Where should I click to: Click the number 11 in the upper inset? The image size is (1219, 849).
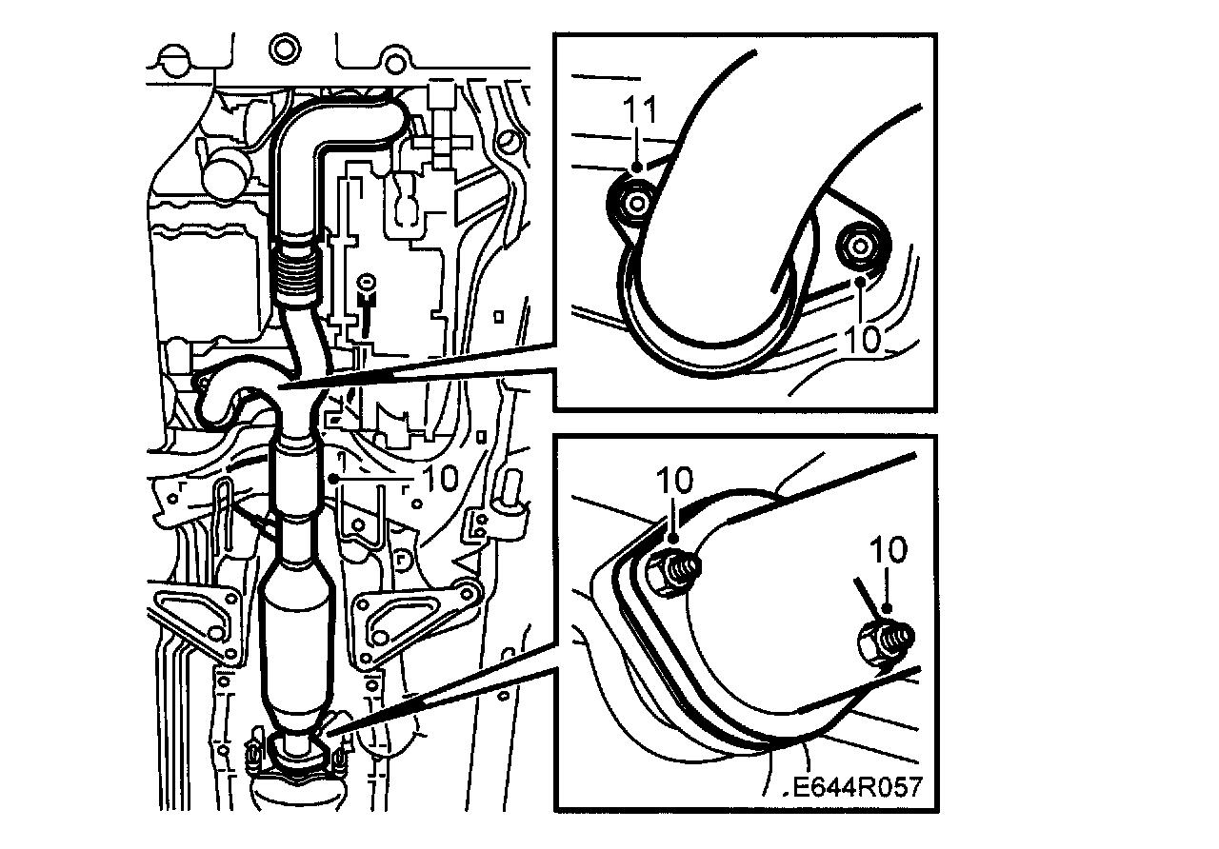coord(640,110)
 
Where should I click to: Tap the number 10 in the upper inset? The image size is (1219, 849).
coord(863,339)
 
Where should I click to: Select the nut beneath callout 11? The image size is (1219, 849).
coord(634,205)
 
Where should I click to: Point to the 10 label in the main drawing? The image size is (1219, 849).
coord(440,479)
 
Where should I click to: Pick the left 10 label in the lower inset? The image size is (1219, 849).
coord(675,481)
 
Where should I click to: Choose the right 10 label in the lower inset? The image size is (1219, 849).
coord(889,550)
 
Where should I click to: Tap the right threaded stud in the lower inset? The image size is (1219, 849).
coord(886,642)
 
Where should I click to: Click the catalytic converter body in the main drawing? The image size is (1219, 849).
coord(296,642)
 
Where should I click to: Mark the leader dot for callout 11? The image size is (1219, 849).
coord(638,168)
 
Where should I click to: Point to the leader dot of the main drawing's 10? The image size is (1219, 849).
coord(334,479)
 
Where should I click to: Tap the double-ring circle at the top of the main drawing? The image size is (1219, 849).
coord(285,49)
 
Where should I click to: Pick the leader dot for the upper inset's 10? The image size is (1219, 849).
coord(860,281)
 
